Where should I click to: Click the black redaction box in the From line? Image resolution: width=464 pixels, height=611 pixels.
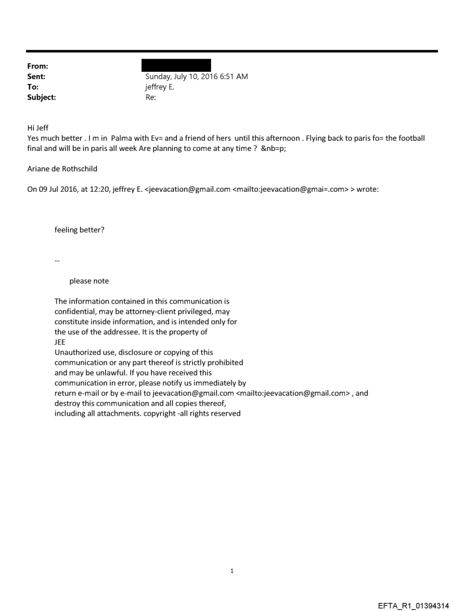(177, 65)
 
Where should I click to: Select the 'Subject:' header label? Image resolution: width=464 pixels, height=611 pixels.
(40, 97)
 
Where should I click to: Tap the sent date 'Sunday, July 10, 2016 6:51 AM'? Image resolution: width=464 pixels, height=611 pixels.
(196, 77)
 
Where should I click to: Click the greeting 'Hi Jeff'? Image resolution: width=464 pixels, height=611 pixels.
(38, 128)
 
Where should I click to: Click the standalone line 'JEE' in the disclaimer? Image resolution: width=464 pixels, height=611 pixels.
(60, 342)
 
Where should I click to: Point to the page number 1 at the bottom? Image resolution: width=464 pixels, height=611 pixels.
(232, 571)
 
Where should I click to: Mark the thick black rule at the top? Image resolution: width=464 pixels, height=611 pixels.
(232, 51)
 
